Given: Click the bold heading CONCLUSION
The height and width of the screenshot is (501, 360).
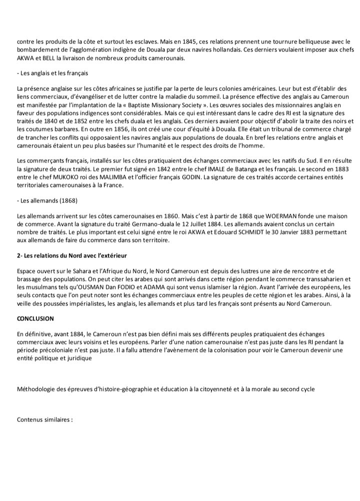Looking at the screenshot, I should (x=35, y=318).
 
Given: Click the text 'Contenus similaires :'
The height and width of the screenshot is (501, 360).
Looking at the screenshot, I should (x=45, y=420).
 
